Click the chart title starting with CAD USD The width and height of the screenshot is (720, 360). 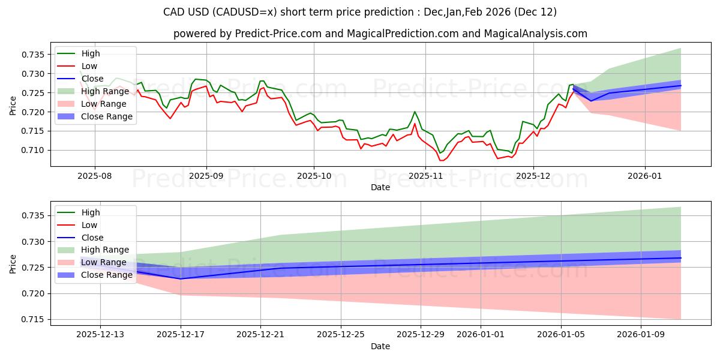(359, 12)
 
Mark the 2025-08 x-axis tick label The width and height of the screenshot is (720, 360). (94, 176)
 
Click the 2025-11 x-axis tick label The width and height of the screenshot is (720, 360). (425, 176)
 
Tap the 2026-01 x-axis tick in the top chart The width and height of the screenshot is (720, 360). (645, 176)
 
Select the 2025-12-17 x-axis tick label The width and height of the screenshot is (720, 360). (181, 335)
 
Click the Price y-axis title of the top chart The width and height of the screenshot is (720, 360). (13, 106)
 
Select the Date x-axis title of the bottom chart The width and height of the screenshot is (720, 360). (380, 346)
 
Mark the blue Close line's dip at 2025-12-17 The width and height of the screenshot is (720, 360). (181, 278)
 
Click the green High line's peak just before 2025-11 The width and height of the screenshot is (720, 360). (415, 112)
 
